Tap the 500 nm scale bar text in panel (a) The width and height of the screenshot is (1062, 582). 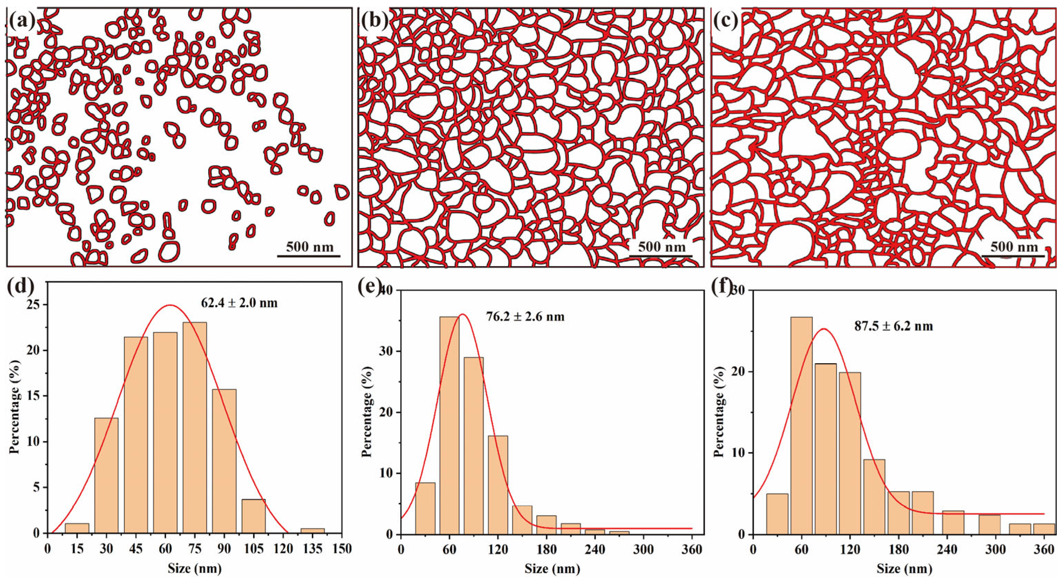click(309, 247)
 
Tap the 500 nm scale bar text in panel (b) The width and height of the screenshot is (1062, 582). click(662, 247)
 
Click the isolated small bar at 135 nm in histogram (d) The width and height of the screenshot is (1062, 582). click(313, 531)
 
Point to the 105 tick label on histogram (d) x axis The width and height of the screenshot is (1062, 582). click(253, 550)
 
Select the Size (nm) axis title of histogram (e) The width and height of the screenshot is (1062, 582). click(552, 569)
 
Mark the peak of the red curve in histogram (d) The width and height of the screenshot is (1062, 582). click(170, 305)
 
